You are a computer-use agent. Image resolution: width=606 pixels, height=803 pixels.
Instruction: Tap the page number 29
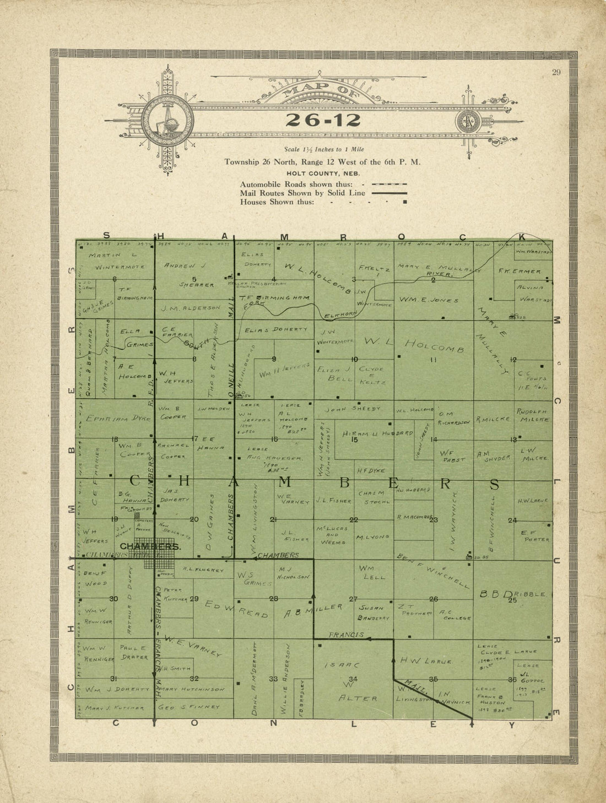tap(555, 72)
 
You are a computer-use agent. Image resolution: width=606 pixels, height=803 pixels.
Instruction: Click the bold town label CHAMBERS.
tap(150, 546)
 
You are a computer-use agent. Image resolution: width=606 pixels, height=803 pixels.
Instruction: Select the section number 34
tap(353, 679)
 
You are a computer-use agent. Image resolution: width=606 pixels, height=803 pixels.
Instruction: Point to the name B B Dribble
tap(513, 594)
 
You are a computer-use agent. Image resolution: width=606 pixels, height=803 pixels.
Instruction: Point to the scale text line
tap(323, 149)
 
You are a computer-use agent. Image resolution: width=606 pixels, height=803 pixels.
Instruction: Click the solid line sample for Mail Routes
tap(389, 193)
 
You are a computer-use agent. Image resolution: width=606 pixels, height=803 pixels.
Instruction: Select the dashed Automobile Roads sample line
tap(389, 184)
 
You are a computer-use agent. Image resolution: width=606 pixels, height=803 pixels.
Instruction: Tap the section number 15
tap(355, 439)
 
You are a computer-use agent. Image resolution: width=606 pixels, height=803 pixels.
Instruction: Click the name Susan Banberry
tap(374, 613)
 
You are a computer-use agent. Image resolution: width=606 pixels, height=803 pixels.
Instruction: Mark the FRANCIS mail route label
tap(346, 635)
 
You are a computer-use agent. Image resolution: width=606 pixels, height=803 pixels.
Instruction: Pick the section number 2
tap(433, 280)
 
